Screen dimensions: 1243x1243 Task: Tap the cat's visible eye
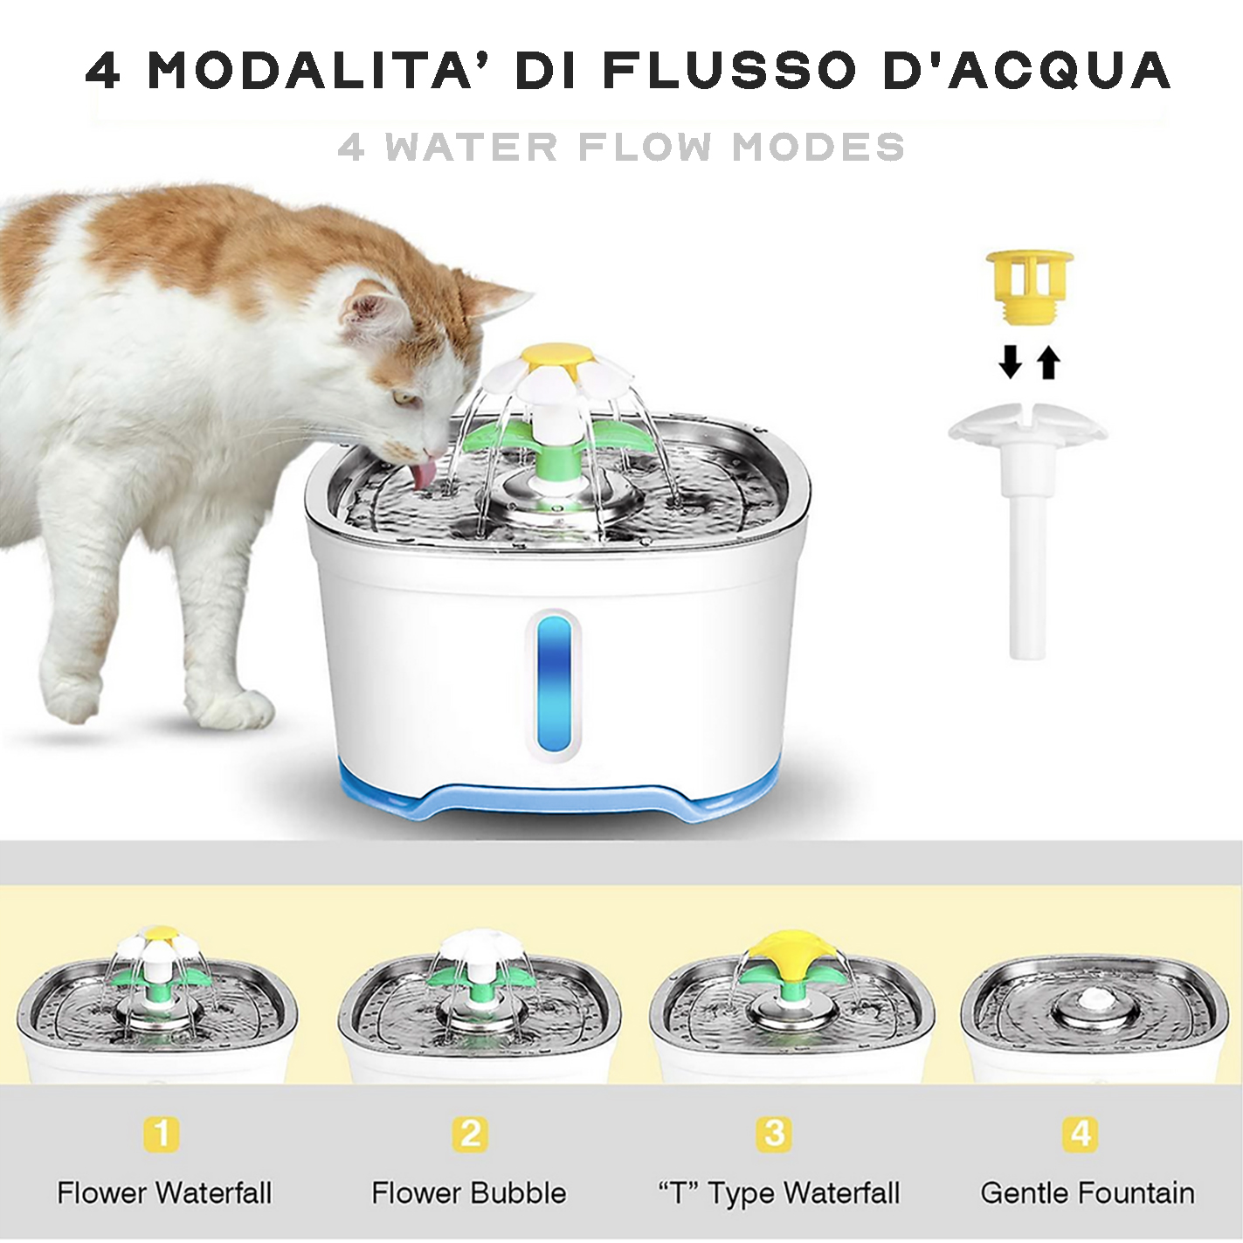pyautogui.click(x=404, y=397)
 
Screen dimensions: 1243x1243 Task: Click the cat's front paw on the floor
pyautogui.click(x=245, y=710)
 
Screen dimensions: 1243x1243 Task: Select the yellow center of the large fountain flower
pyautogui.click(x=557, y=353)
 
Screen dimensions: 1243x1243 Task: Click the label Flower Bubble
pyautogui.click(x=469, y=1192)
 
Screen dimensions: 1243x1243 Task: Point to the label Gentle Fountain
pyautogui.click(x=1088, y=1193)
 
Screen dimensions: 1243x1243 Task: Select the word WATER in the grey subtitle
pyautogui.click(x=471, y=147)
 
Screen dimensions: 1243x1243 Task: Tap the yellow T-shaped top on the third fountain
pyautogui.click(x=793, y=953)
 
